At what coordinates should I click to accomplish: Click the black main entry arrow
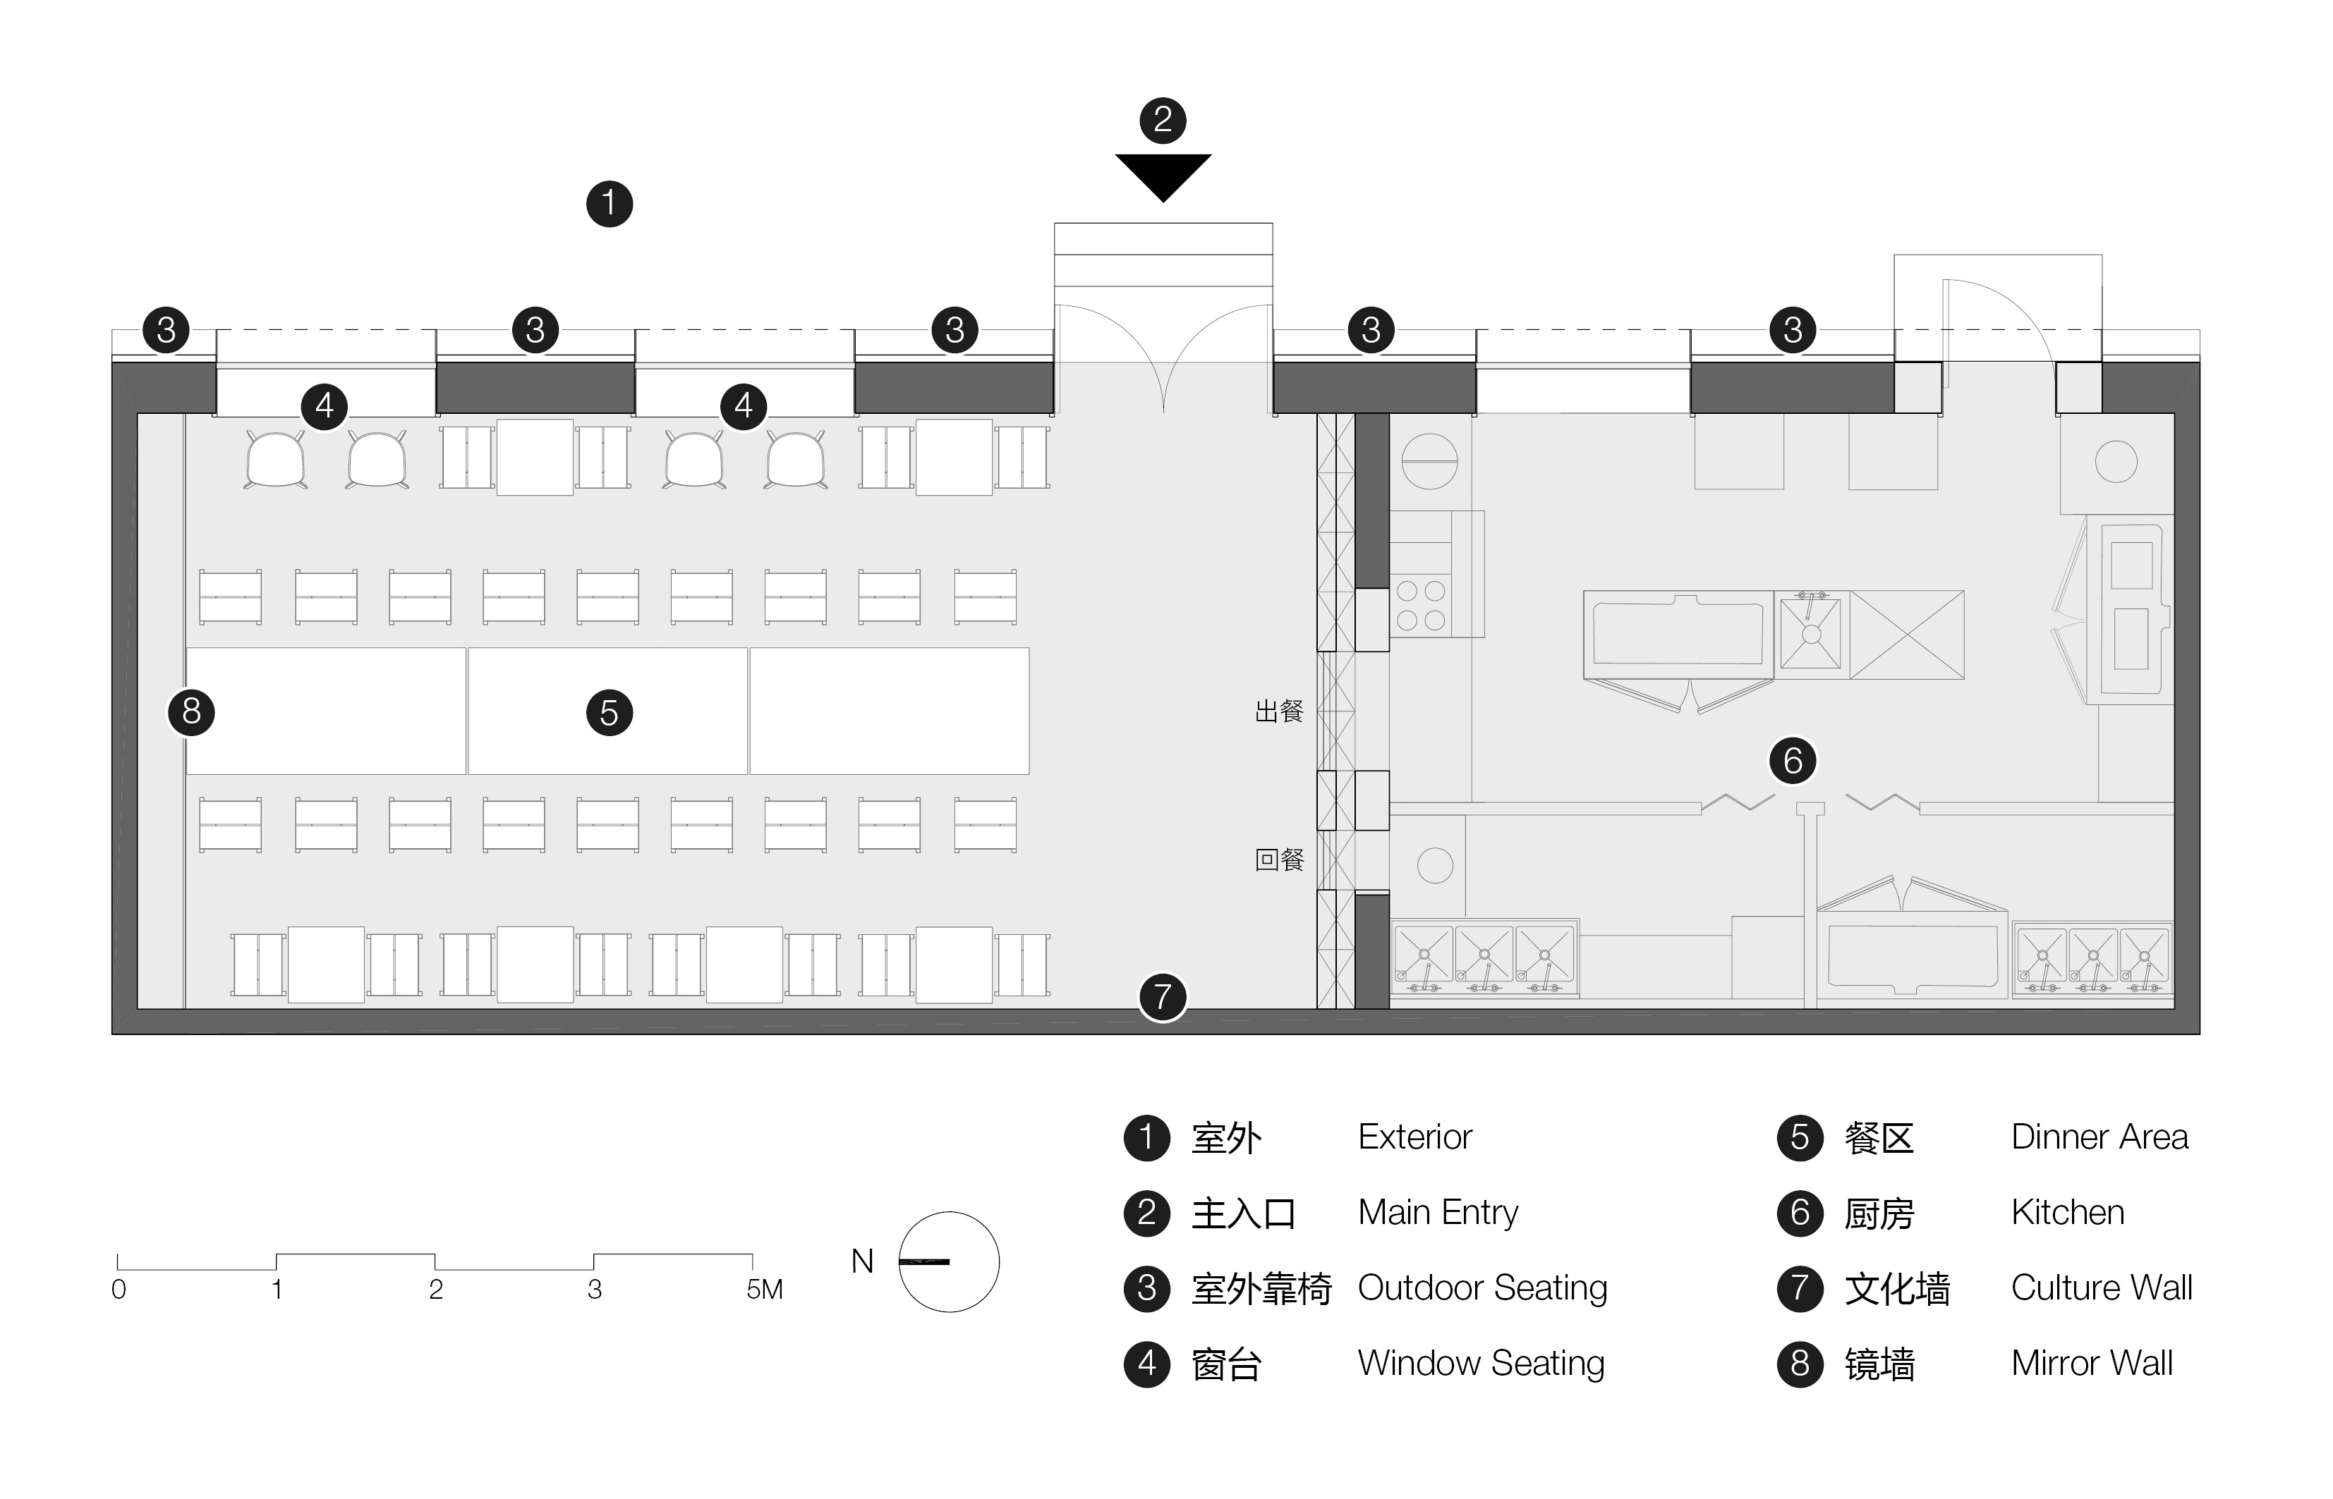(1163, 174)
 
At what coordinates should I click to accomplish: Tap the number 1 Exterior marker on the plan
(610, 204)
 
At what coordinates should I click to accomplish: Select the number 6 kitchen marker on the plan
(1793, 760)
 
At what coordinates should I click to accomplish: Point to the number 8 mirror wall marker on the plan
(192, 711)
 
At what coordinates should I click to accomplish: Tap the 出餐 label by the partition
(1278, 711)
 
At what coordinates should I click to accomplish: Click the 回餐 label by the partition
(1278, 859)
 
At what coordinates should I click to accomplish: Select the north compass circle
(948, 1261)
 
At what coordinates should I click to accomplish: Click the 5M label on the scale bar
(764, 1290)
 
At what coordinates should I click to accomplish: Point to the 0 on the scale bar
(119, 1290)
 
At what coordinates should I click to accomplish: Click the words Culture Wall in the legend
(2102, 1287)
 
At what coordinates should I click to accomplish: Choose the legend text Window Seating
(1480, 1364)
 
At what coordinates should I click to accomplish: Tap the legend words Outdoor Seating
(1482, 1287)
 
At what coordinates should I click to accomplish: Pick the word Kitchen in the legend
(2067, 1213)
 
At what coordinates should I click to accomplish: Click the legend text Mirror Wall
(2092, 1364)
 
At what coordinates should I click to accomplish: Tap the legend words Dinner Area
(2099, 1137)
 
